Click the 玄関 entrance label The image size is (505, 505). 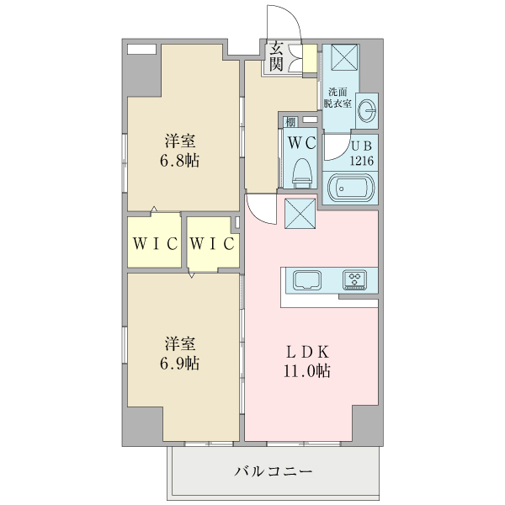(x=276, y=57)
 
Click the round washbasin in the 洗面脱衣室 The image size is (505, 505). (x=367, y=110)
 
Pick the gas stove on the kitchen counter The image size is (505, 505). (x=353, y=279)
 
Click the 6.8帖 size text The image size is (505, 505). (x=181, y=160)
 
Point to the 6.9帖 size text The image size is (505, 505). (x=181, y=364)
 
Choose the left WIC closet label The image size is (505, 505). (x=155, y=244)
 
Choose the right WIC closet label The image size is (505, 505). (x=211, y=244)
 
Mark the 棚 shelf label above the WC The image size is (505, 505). (x=290, y=122)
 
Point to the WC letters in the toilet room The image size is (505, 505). (x=301, y=143)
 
